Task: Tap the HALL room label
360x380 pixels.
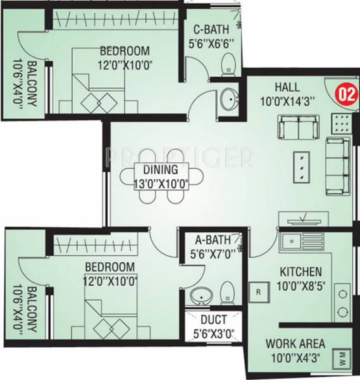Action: [287, 87]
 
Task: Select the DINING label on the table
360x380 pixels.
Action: [156, 170]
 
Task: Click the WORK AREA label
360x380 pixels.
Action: [296, 344]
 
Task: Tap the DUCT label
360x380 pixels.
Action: [211, 320]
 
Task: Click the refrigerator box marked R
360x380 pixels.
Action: [259, 292]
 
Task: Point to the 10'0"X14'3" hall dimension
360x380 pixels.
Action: [287, 99]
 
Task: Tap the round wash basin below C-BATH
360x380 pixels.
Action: [228, 99]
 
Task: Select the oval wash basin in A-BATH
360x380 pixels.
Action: [202, 295]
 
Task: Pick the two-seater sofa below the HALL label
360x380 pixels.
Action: [298, 129]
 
